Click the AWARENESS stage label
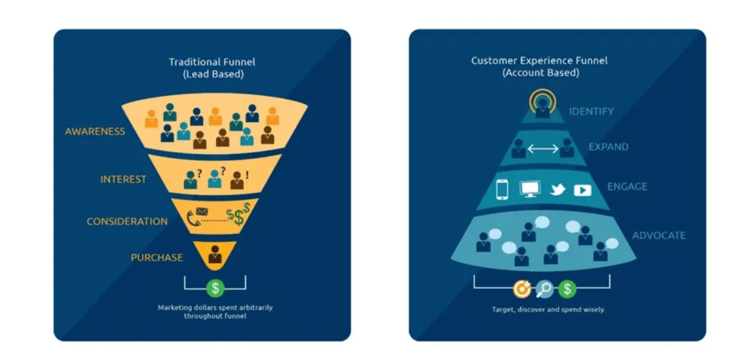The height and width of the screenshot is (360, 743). point(95,131)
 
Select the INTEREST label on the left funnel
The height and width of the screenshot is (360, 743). point(123,179)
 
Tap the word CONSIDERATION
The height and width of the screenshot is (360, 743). point(127,221)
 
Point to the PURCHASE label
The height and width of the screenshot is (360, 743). point(156,257)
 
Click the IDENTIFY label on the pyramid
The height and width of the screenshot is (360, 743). point(590,111)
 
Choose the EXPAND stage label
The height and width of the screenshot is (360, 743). point(608,146)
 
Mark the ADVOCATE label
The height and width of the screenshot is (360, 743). point(658,235)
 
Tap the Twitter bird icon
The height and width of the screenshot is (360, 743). point(558,188)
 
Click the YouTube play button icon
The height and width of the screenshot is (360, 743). point(583,189)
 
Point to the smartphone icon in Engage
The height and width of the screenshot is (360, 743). point(503,188)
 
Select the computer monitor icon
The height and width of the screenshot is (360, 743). point(529,188)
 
